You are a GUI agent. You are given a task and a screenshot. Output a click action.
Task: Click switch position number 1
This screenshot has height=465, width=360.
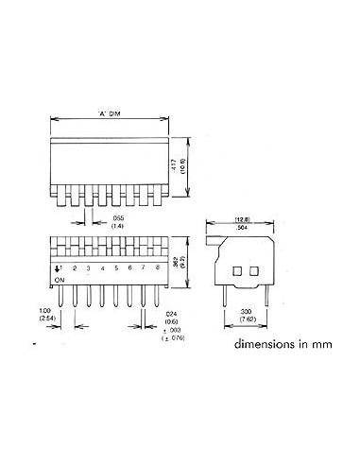click(60, 268)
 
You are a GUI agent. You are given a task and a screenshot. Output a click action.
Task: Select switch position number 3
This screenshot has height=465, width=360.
click(88, 269)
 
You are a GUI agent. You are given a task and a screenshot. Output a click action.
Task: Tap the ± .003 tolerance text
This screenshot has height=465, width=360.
click(171, 330)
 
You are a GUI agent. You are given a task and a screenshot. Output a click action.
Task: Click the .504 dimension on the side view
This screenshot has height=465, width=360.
click(243, 228)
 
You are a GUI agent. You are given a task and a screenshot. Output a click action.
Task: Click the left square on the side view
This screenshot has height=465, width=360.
click(235, 271)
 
